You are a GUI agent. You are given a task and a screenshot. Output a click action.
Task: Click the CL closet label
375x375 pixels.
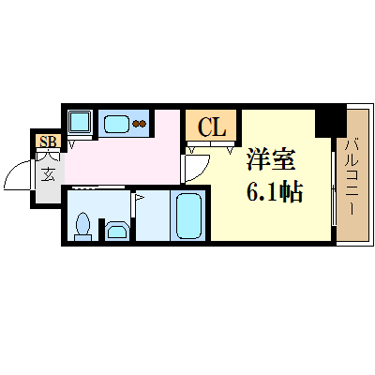pos(212,127)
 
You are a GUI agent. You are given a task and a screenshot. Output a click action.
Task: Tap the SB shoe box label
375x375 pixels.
pos(48,142)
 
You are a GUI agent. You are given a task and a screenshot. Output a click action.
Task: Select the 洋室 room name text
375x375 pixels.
pos(271,159)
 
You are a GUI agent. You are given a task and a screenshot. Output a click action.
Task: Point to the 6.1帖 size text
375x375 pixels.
pos(275,191)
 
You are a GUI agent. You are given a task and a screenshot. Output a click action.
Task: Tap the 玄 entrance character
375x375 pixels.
pos(48,174)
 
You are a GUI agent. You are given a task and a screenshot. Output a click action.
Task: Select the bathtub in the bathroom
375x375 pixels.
pos(188,216)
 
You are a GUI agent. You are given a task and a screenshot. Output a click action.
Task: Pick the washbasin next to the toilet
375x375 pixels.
pos(116,231)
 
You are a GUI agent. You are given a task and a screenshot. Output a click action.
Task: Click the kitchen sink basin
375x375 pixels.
pos(116,124)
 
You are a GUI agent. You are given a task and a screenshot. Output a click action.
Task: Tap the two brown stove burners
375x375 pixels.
pos(139,124)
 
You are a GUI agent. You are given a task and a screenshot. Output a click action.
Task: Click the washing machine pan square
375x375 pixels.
pos(80,122)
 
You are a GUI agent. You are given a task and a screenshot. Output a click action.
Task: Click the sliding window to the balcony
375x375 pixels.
pos(334,188)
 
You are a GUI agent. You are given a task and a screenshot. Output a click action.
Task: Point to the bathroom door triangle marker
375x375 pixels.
pos(138,197)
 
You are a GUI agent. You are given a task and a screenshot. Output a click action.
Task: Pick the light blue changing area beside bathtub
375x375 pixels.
pos(153,216)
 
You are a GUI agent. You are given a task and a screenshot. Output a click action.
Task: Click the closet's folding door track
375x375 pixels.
pos(210,144)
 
